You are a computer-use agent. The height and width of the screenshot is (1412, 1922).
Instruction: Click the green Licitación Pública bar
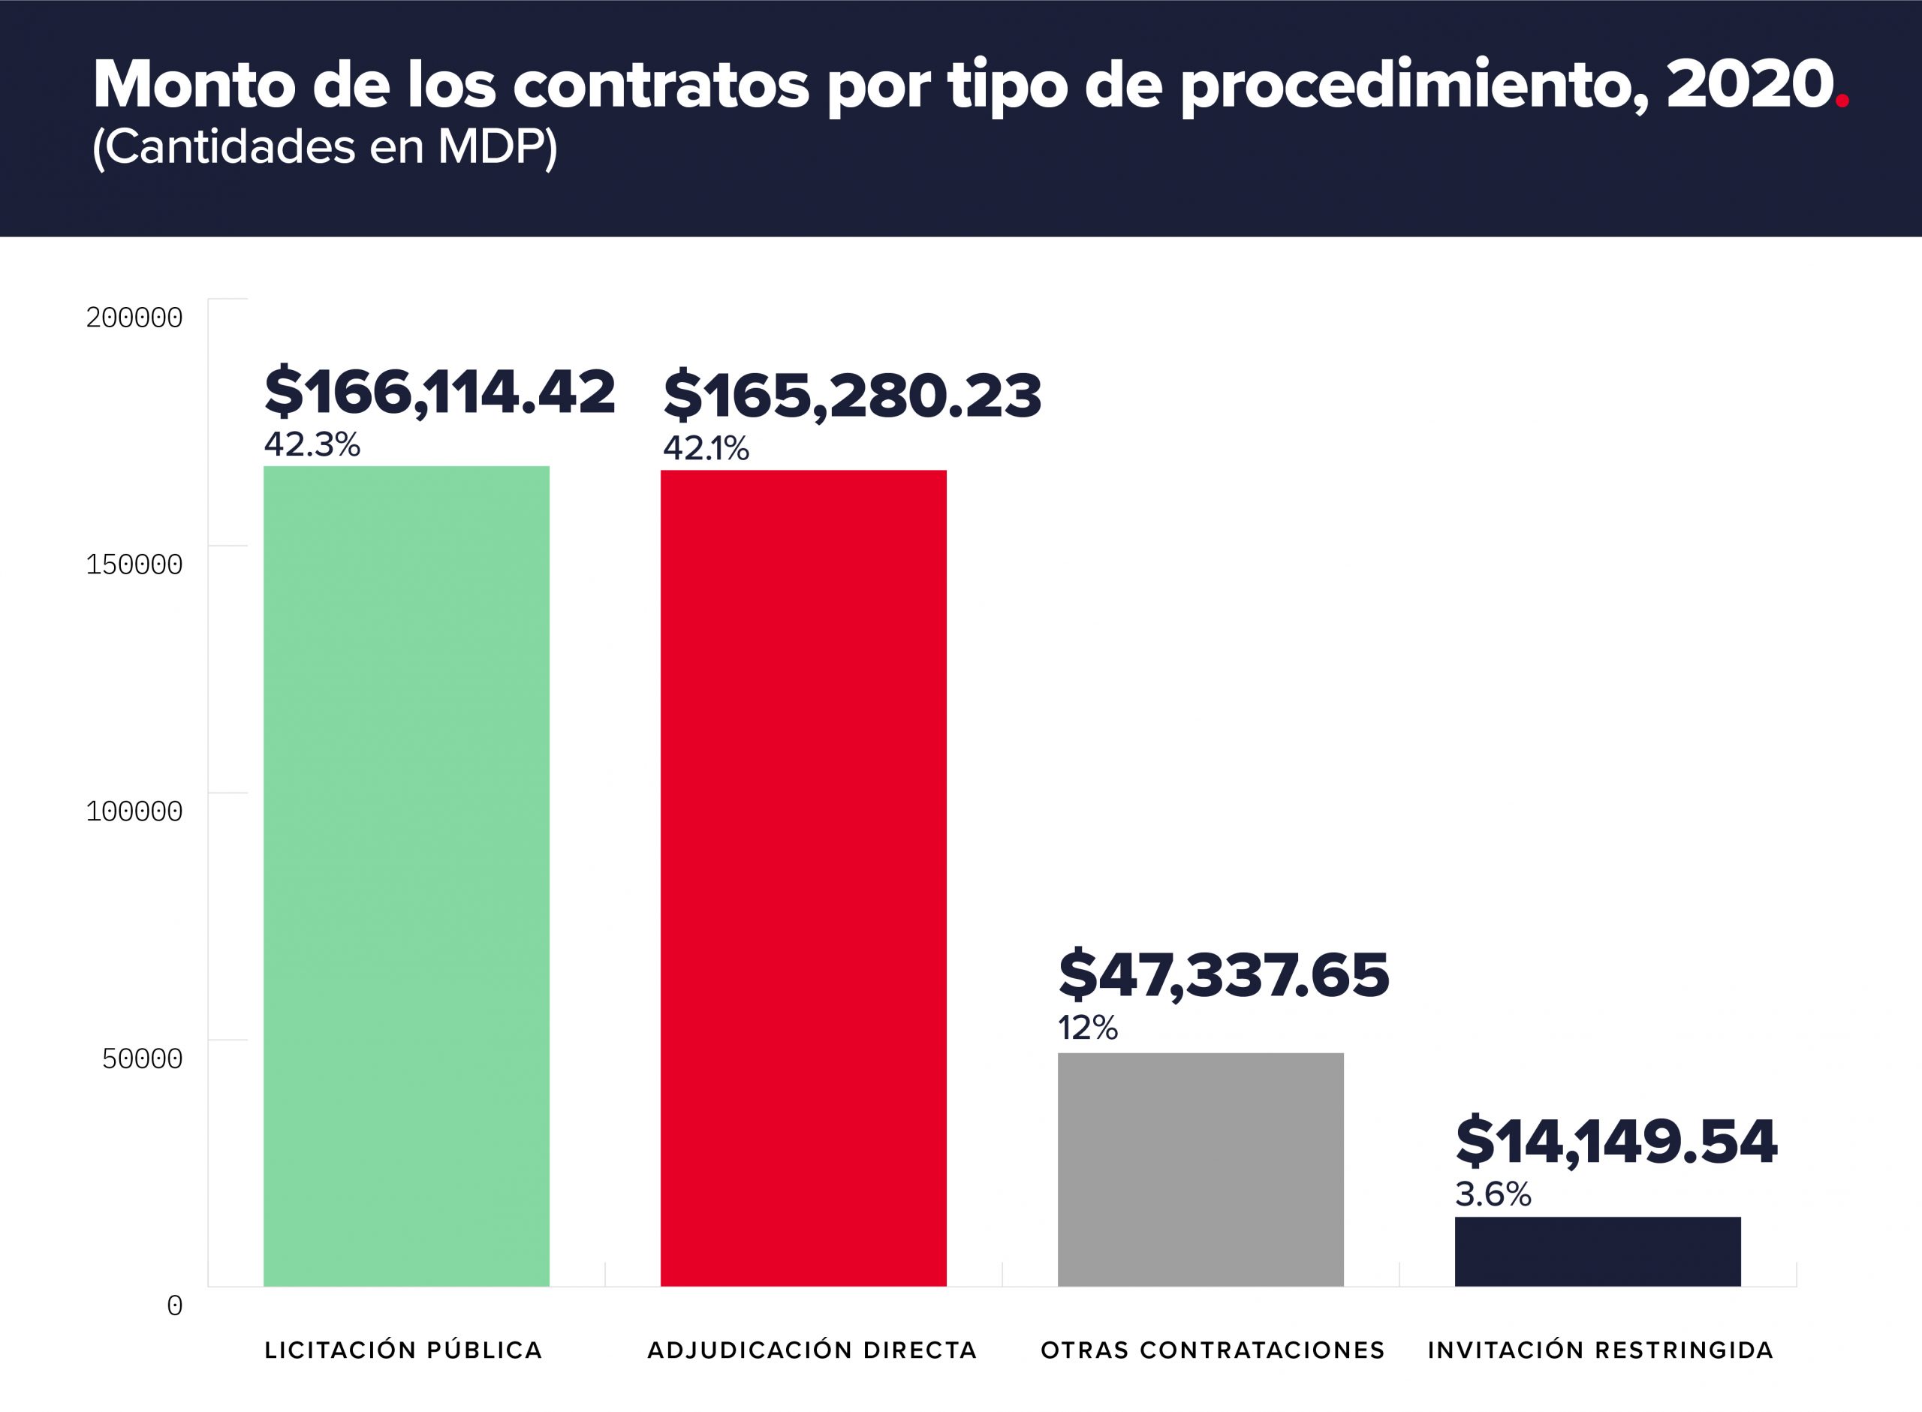[406, 875]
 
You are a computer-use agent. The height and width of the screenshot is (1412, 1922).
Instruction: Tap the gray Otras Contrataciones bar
[1200, 1170]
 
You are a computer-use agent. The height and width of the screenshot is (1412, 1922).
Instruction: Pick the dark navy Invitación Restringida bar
[1597, 1251]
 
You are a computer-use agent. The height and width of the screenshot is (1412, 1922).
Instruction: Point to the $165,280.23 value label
[852, 396]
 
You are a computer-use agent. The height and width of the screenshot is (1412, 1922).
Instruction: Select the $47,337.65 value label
[1224, 975]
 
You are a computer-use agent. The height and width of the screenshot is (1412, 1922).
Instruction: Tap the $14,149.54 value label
[1616, 1142]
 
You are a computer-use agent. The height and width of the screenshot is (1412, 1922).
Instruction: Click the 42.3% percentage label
[312, 444]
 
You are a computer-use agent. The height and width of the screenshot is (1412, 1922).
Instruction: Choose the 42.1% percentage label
[706, 448]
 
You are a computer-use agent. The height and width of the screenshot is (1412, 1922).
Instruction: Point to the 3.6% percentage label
[1493, 1194]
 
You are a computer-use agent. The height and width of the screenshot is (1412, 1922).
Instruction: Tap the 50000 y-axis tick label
[142, 1059]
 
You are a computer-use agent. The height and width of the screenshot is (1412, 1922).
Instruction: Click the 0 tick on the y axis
[174, 1306]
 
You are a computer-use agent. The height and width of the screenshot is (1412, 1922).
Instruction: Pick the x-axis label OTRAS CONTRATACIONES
[1212, 1350]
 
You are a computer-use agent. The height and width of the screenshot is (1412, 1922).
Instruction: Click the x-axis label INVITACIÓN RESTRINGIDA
[1600, 1350]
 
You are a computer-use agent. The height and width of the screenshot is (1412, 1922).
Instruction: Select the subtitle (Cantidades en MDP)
[325, 147]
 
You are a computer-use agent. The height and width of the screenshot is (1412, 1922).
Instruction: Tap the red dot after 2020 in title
[1842, 101]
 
